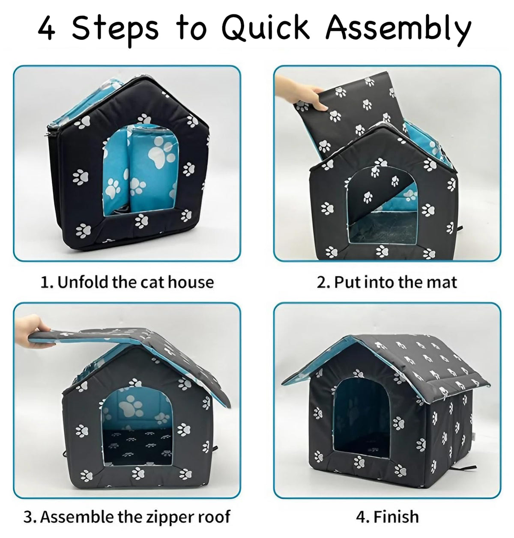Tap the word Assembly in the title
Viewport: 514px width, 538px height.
pos(398,29)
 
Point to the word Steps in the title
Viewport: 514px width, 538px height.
pos(115,29)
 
